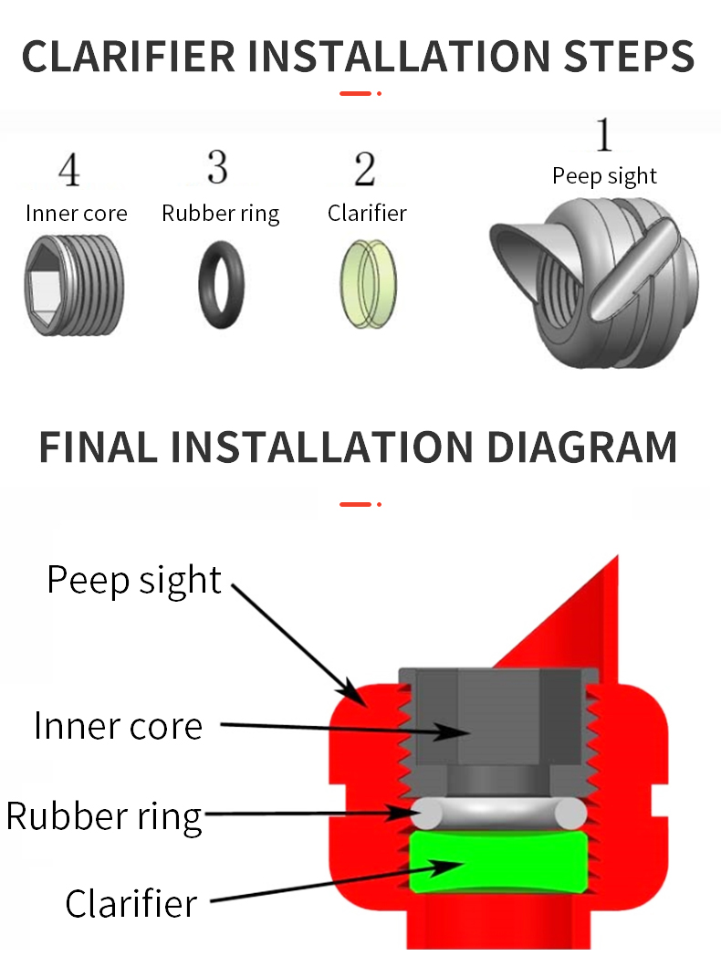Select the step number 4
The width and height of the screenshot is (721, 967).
pyautogui.click(x=68, y=171)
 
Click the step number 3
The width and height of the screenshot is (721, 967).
pyautogui.click(x=217, y=167)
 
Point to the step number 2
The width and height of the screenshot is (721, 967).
pyautogui.click(x=364, y=169)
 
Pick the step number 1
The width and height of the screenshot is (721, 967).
pyautogui.click(x=603, y=135)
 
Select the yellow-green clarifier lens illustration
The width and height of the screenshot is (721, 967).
pyautogui.click(x=365, y=277)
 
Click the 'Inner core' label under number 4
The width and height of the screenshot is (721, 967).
pyautogui.click(x=77, y=214)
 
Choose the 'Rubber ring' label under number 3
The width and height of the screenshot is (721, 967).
pyautogui.click(x=221, y=214)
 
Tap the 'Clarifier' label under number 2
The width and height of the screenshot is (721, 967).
pyautogui.click(x=367, y=214)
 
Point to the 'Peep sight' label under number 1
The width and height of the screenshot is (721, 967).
pyautogui.click(x=604, y=175)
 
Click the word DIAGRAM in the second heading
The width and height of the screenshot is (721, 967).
pyautogui.click(x=581, y=447)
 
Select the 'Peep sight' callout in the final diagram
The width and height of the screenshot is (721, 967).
pyautogui.click(x=134, y=580)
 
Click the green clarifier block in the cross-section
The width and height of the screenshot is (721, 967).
pyautogui.click(x=497, y=861)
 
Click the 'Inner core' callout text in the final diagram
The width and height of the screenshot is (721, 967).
pyautogui.click(x=118, y=726)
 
